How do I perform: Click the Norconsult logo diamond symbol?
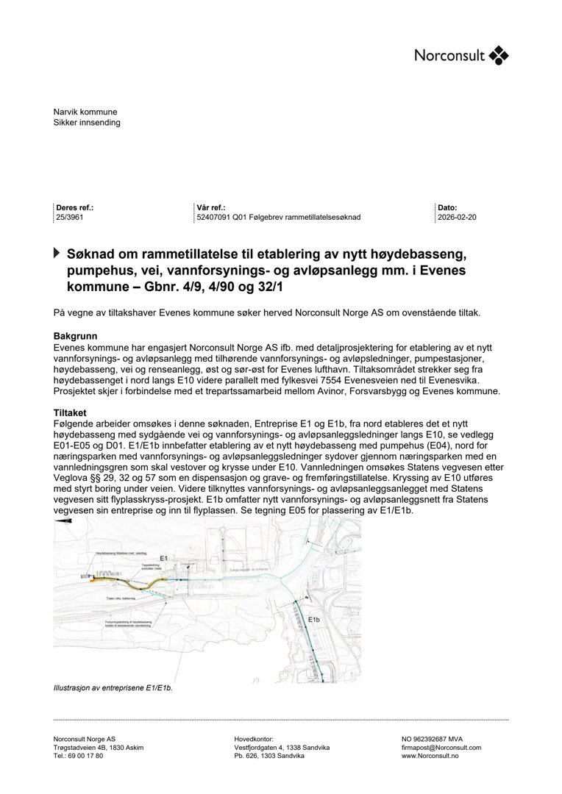tap(499, 55)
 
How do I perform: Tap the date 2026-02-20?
tap(457, 218)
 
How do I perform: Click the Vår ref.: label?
tap(211, 208)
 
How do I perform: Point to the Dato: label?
tap(447, 208)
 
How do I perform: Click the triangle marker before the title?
tap(57, 253)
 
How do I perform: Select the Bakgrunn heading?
tap(74, 336)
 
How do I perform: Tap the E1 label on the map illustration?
tap(164, 559)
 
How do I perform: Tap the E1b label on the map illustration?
tap(314, 620)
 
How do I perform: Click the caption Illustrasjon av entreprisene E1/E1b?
tap(113, 688)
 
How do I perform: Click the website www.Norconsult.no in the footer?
tap(430, 756)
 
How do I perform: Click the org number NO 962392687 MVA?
tap(432, 739)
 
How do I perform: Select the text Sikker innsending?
tap(87, 123)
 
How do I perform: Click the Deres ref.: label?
tap(75, 208)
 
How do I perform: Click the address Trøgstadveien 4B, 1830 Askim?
tap(99, 747)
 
